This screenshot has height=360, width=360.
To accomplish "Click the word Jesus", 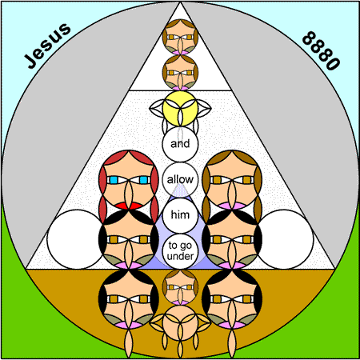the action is click(x=47, y=46).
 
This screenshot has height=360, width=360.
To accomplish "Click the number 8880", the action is click(x=321, y=50).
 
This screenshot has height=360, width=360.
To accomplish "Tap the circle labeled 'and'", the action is click(x=180, y=144).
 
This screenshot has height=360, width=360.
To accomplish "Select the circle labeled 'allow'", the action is click(x=180, y=179).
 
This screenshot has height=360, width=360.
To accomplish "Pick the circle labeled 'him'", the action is click(x=180, y=215).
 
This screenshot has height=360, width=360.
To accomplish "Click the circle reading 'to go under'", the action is click(x=180, y=251).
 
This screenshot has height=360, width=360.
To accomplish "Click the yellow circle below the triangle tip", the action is click(x=180, y=108).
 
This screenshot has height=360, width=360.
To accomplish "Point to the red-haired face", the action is click(x=129, y=180).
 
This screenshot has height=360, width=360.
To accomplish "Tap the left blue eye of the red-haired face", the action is click(x=114, y=180).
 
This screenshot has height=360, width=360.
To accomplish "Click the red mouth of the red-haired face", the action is click(x=129, y=206).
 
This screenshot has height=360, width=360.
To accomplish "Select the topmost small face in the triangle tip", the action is click(x=180, y=37).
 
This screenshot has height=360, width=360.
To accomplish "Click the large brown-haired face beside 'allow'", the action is click(x=232, y=180).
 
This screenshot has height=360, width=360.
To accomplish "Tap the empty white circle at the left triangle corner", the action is click(x=77, y=239).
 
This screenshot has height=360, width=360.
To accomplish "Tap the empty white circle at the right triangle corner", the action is click(x=284, y=239).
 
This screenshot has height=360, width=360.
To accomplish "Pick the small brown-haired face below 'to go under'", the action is click(x=180, y=287).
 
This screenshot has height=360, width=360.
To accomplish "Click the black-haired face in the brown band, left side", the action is click(x=129, y=298).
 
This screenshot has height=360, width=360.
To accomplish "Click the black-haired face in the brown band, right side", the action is click(x=232, y=298).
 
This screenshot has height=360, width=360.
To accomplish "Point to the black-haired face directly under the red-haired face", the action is click(x=129, y=239).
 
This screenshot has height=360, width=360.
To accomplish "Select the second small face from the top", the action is click(x=180, y=73).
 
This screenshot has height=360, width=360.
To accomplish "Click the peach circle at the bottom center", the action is click(x=180, y=322).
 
